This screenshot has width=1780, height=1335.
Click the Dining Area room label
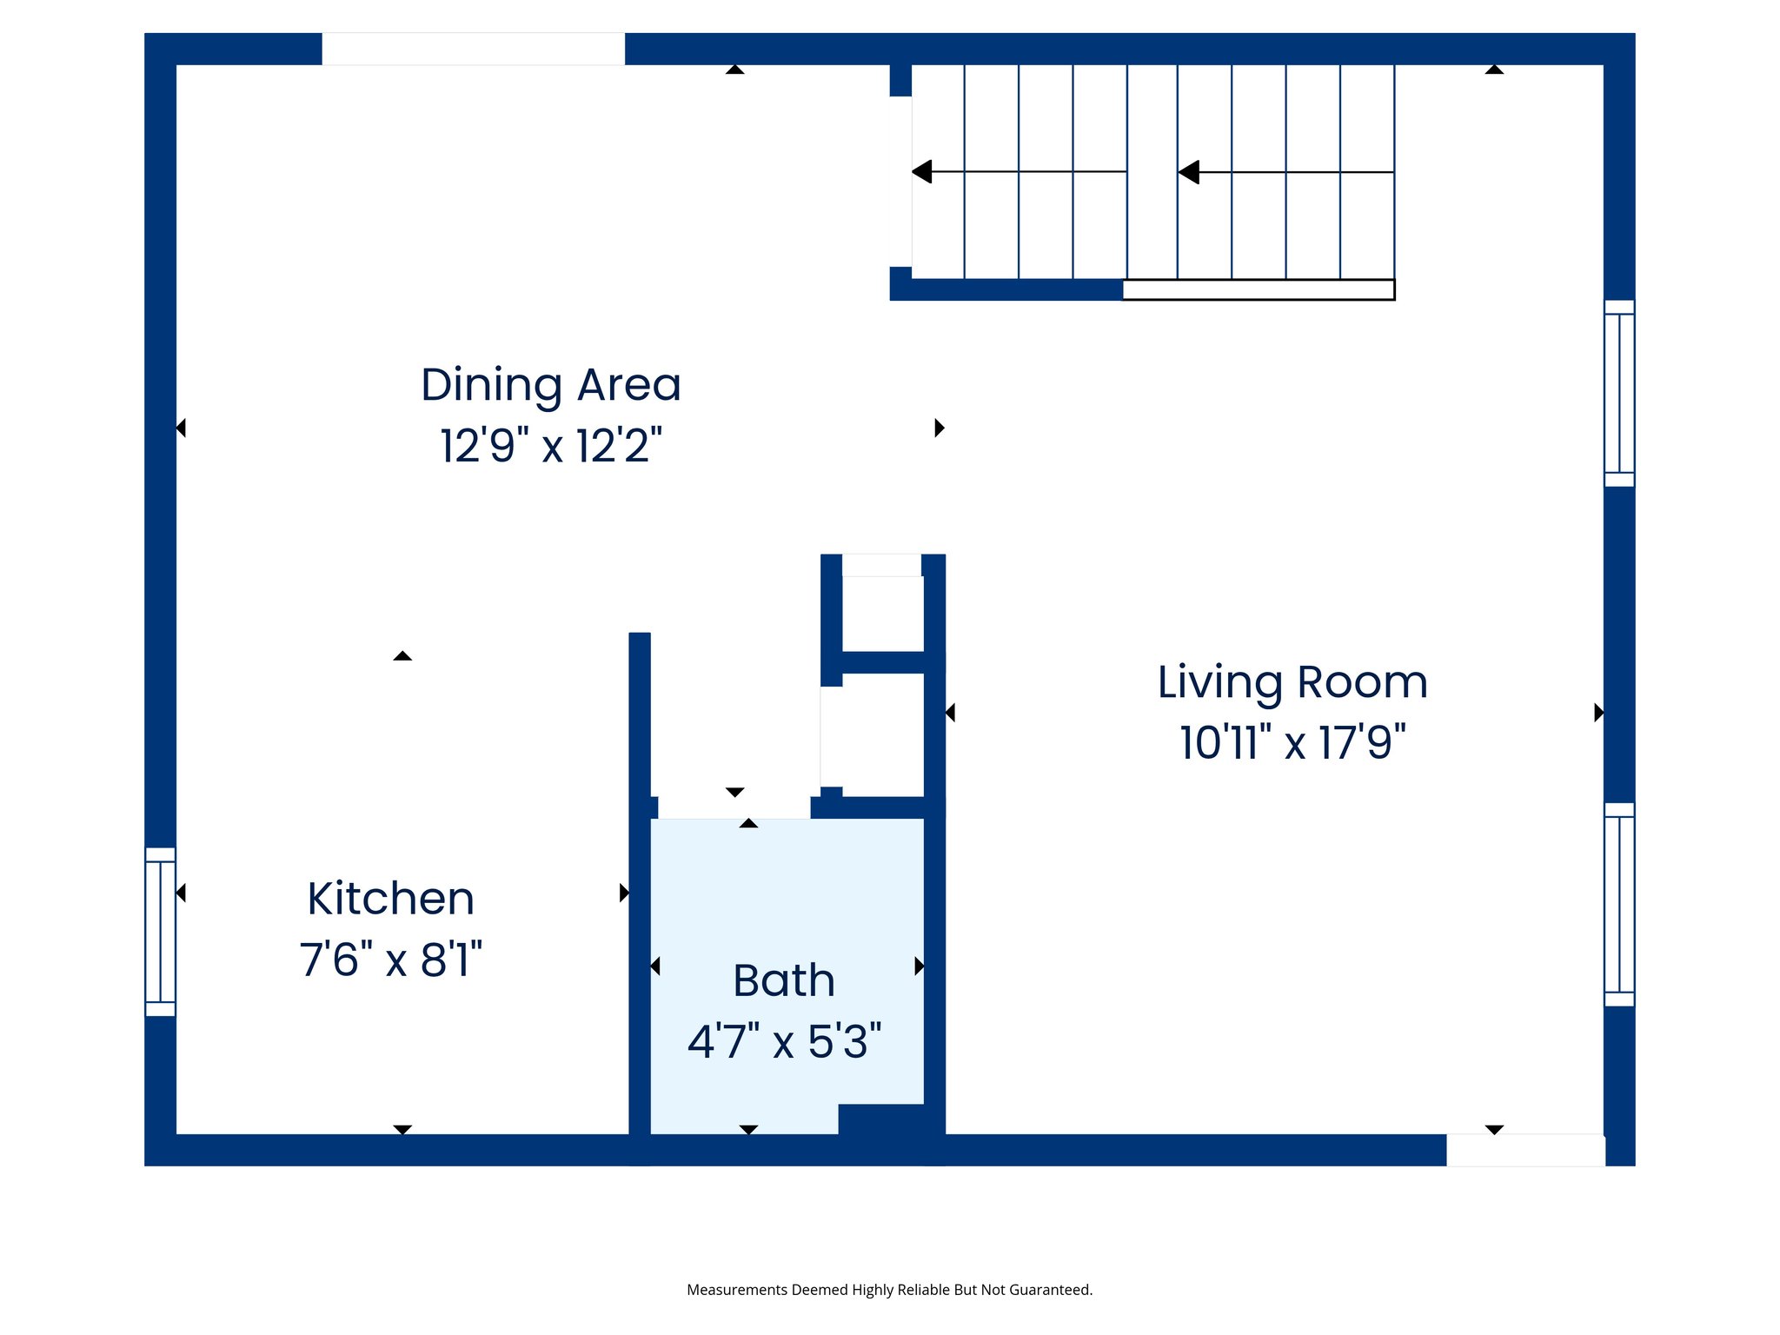click(x=550, y=385)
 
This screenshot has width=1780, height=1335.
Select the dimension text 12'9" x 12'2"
click(x=550, y=446)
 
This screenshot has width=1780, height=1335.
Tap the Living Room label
click(x=1292, y=682)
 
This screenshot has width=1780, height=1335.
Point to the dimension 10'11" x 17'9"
click(x=1292, y=743)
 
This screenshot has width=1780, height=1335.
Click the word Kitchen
click(x=390, y=899)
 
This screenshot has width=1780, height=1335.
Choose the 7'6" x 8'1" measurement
click(x=390, y=960)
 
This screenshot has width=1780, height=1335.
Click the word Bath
click(x=783, y=980)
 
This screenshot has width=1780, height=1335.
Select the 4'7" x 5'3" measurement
click(x=783, y=1041)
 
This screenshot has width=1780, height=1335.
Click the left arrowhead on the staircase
click(x=922, y=172)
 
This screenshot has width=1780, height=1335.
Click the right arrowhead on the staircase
click(x=1189, y=172)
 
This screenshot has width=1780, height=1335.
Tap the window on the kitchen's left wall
click(x=160, y=932)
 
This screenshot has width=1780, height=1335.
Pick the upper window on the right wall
click(x=1618, y=393)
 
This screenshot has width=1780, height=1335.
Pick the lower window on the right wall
click(x=1618, y=904)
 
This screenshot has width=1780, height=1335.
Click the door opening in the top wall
click(x=473, y=49)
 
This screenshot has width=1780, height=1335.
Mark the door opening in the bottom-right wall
click(x=1524, y=1150)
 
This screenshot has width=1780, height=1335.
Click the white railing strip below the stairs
click(x=1258, y=289)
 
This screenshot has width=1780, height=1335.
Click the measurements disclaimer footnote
click(x=889, y=1290)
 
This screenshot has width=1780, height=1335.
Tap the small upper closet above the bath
click(x=881, y=608)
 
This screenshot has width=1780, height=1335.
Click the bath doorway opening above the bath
click(x=734, y=807)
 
